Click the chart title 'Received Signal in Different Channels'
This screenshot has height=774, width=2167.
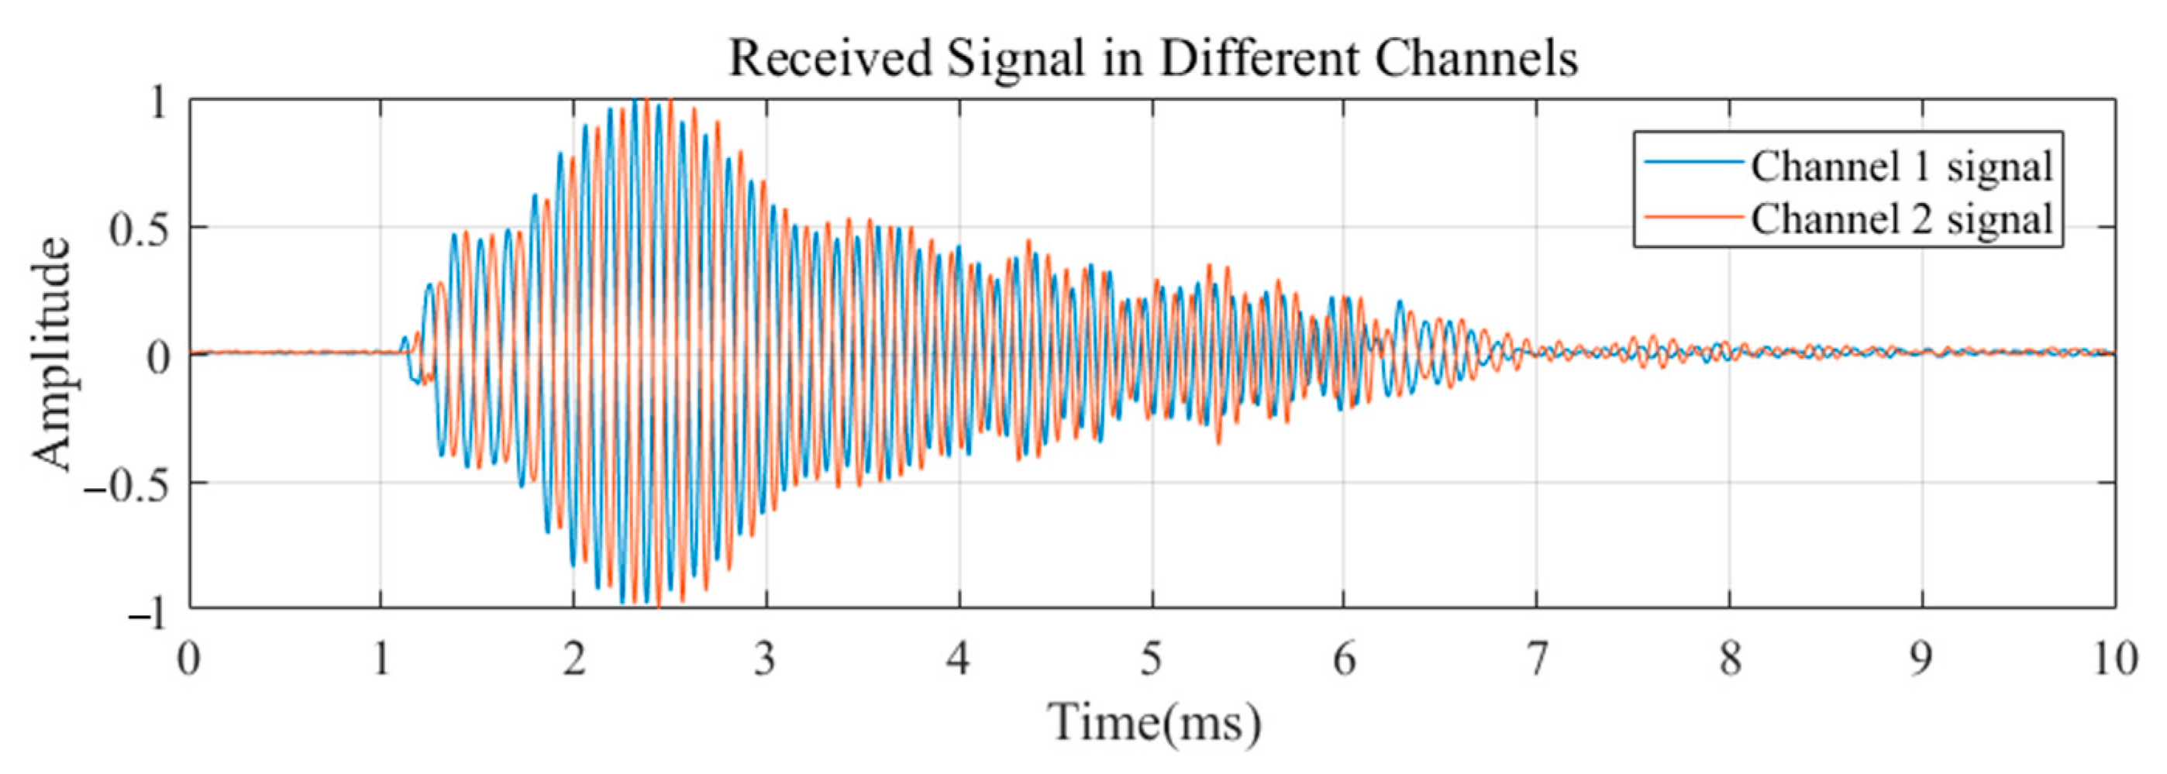1152,59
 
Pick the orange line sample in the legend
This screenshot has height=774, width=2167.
1693,216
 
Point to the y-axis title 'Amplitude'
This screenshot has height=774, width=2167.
52,353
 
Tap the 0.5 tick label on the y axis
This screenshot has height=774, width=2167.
139,229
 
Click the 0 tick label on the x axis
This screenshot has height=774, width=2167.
189,659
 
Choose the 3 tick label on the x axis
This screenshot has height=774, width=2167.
766,659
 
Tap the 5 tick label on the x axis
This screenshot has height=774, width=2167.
1152,659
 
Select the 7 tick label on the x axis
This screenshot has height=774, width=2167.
1537,659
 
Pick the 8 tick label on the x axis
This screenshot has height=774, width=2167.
1730,659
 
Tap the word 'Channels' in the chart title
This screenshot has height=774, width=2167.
1476,59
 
